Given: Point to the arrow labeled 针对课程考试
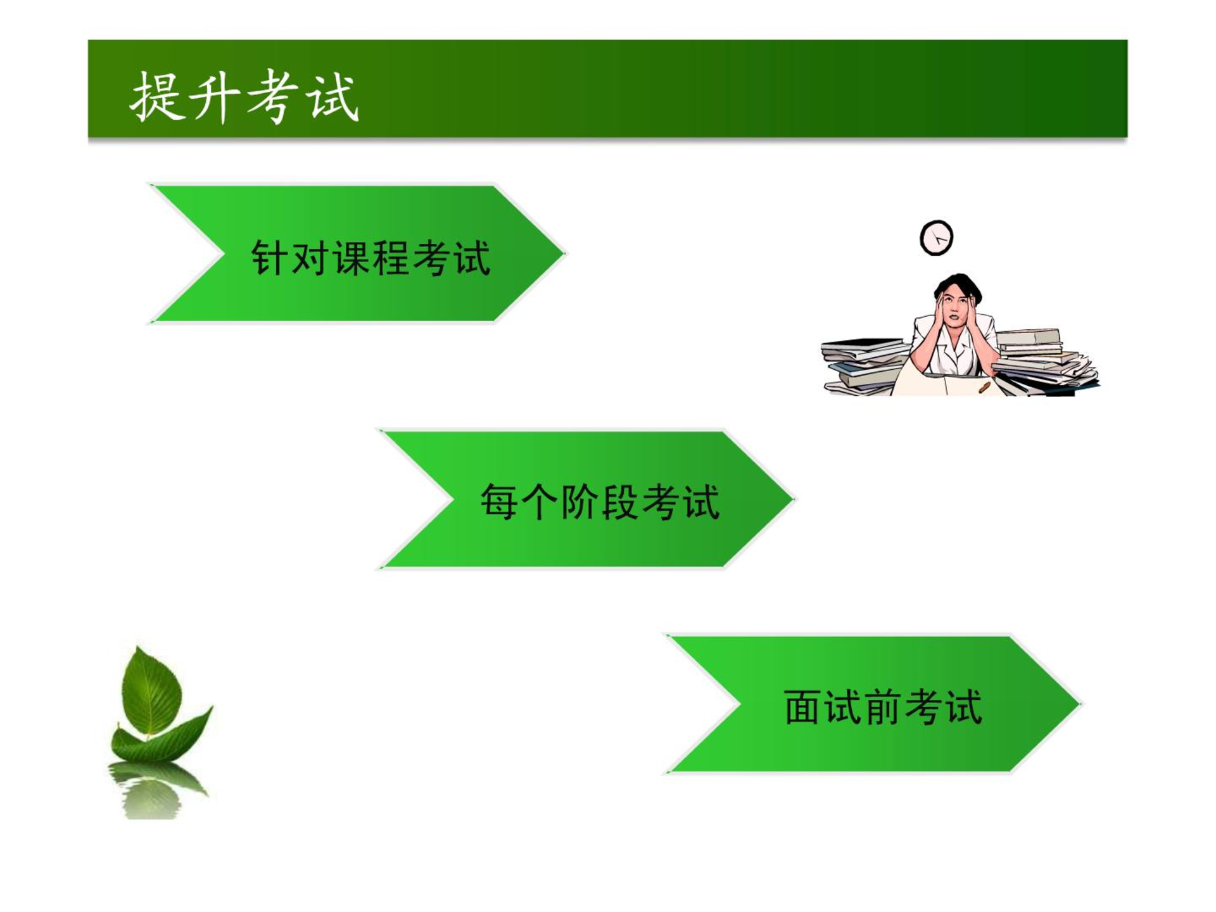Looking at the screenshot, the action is pyautogui.click(x=357, y=253).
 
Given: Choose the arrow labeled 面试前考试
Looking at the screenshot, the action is pyautogui.click(x=872, y=704).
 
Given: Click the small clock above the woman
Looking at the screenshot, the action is pyautogui.click(x=936, y=238).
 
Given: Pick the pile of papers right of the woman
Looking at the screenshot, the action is pyautogui.click(x=1045, y=361).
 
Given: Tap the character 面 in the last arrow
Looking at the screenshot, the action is pyautogui.click(x=803, y=707).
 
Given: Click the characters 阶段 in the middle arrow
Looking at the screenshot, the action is pyautogui.click(x=599, y=502).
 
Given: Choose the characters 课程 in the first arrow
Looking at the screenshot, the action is pyautogui.click(x=371, y=258).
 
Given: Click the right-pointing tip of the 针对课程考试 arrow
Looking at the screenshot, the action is pyautogui.click(x=564, y=253).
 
